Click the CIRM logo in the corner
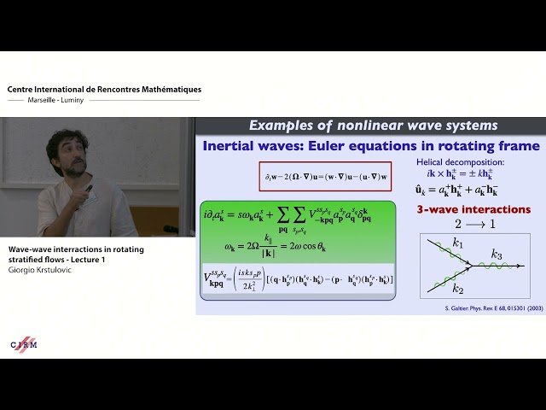coord(24,343)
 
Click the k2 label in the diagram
coord(458,289)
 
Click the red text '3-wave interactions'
coord(473,209)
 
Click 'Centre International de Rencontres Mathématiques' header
coord(104,89)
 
